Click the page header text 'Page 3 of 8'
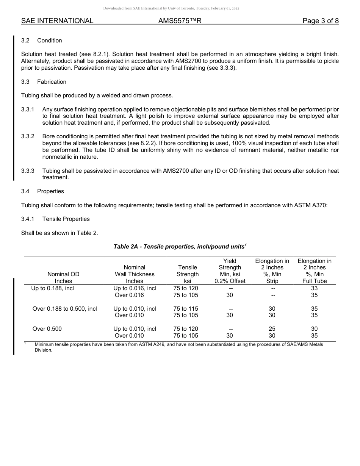click(320, 21)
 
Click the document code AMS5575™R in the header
click(180, 21)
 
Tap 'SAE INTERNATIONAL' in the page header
click(57, 21)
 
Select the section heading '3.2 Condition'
click(42, 41)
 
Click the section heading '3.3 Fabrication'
click(44, 82)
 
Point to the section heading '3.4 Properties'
click(43, 191)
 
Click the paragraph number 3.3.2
click(28, 136)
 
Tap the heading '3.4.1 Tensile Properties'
click(55, 219)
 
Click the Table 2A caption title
click(180, 247)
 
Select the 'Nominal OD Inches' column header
click(63, 277)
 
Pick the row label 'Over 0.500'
click(47, 329)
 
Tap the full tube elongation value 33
click(314, 288)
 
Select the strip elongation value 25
click(272, 329)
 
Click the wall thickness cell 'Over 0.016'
click(129, 295)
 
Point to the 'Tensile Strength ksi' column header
click(188, 274)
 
